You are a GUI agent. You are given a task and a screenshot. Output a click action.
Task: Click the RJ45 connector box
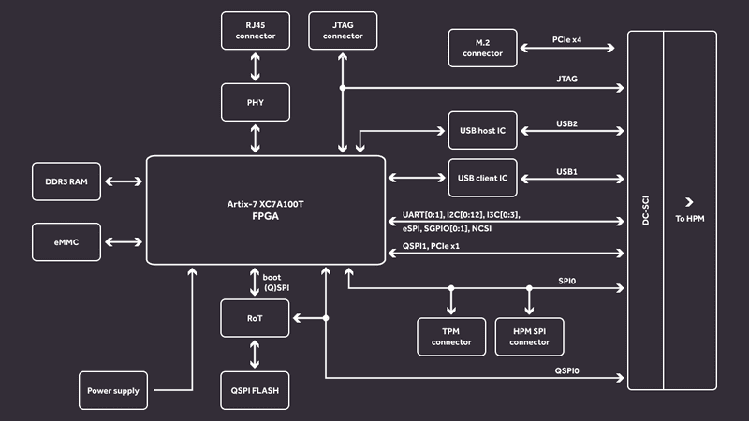point(256,31)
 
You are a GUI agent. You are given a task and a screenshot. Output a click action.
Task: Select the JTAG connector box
point(343,31)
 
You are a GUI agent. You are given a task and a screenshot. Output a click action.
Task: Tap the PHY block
point(256,102)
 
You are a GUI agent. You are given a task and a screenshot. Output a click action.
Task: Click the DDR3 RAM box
point(66,181)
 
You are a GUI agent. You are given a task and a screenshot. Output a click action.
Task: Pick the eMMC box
point(66,242)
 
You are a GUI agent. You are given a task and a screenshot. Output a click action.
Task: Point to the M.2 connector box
point(483,49)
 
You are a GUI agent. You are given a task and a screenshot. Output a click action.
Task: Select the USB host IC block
point(483,130)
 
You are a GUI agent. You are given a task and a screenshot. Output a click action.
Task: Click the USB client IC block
point(483,178)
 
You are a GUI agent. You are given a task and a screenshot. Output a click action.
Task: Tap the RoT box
point(255,318)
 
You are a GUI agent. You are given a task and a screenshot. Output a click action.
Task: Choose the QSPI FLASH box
point(255,390)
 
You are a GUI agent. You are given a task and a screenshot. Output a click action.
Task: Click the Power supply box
point(113,390)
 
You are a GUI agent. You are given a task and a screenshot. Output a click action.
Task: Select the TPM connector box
point(451,337)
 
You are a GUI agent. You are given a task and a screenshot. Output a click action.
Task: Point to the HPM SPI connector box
point(529,337)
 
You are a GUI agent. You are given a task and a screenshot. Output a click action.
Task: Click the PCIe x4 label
point(567,39)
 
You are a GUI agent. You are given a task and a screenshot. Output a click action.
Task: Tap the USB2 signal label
point(567,123)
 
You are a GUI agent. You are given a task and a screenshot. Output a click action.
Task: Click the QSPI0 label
point(567,370)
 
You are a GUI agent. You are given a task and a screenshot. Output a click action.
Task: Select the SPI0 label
point(567,282)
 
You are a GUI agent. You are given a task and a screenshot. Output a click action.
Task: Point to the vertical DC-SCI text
point(645,210)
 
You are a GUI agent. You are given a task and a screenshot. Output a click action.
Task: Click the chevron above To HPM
point(689,202)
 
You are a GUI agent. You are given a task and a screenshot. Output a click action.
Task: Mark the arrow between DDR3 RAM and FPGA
point(124,181)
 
